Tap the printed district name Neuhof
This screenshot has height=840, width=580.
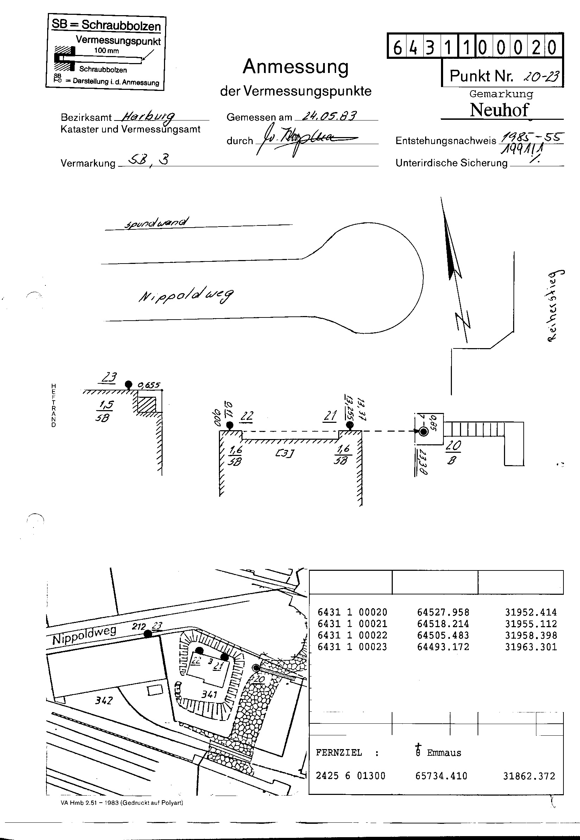click(499, 110)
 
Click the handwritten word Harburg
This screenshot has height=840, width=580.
click(148, 116)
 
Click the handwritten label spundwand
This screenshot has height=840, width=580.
click(157, 223)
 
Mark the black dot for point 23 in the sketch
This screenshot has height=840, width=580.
click(128, 384)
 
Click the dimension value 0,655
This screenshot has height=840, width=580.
click(149, 385)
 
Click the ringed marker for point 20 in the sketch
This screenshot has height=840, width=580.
click(423, 432)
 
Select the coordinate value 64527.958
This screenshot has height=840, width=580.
click(443, 612)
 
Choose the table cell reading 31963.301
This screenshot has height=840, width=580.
click(531, 647)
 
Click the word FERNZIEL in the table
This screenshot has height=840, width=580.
click(339, 753)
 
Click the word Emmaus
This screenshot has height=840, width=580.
click(444, 753)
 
